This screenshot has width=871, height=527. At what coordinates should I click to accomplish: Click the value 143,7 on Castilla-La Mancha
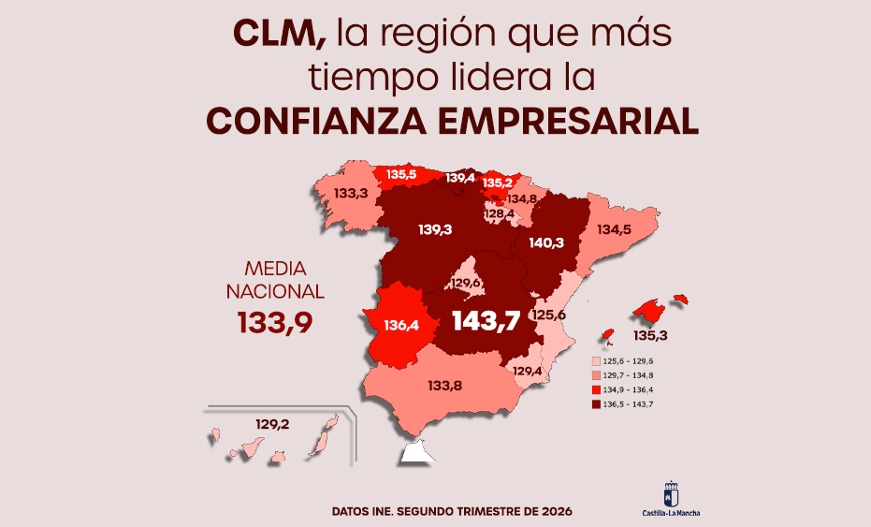pos(486,320)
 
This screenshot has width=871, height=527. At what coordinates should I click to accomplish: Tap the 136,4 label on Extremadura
pos(400,326)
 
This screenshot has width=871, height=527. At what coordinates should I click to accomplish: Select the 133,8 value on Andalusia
pos(446,385)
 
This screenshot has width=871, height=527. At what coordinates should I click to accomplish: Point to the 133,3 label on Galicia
pos(350,194)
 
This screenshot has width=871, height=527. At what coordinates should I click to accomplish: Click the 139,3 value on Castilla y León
pos(436,229)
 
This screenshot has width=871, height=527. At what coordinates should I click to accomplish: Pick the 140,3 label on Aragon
pos(546,242)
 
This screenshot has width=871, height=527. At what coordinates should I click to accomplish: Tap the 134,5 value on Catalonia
pos(615,229)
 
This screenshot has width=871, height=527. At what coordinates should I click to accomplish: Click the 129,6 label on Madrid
pos(467,283)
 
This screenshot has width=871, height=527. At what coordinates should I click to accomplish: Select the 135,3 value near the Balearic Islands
pos(650,334)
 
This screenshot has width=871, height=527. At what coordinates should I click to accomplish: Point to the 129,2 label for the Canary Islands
pos(272,424)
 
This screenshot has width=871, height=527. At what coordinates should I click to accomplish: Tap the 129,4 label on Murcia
pos(528,372)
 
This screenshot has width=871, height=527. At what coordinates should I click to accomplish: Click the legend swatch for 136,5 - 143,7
pos(596,404)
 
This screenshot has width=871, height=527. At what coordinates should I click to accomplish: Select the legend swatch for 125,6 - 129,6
pos(596,359)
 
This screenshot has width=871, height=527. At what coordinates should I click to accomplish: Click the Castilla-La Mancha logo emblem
pos(671,493)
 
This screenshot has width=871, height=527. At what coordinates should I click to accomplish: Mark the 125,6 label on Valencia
pos(549,315)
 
